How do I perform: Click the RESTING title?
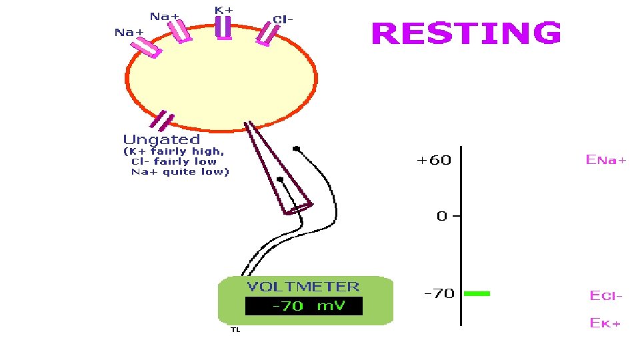(466, 33)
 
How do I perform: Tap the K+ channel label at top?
(223, 10)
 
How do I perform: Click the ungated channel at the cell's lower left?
(163, 121)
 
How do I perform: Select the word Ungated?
(161, 139)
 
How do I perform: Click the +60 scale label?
(433, 160)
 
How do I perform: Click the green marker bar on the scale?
(477, 293)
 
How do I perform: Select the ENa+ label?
(605, 160)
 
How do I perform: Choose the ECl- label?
(605, 295)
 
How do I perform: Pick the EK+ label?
(605, 323)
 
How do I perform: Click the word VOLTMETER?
(303, 287)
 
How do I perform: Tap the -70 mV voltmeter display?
(304, 307)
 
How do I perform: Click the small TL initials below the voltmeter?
(235, 329)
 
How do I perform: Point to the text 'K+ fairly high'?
(175, 151)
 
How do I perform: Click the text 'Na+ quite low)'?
(179, 172)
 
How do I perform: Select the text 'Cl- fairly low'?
(177, 161)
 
